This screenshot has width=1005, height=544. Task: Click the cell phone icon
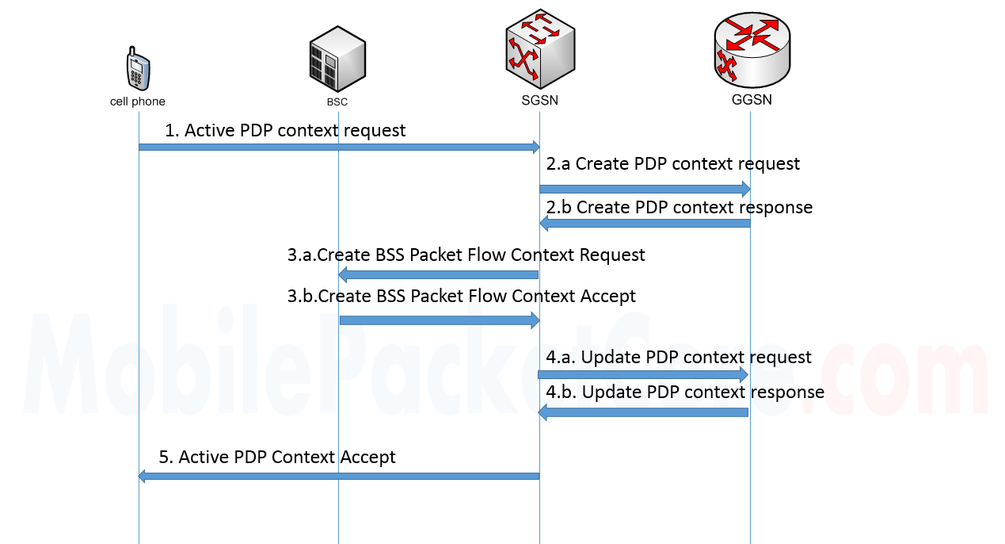pyautogui.click(x=137, y=70)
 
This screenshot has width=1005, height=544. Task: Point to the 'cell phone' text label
pyautogui.click(x=138, y=102)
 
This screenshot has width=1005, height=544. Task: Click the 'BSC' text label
pyautogui.click(x=337, y=102)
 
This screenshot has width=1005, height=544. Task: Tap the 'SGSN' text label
pyautogui.click(x=539, y=101)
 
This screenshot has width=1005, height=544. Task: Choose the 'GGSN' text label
pyautogui.click(x=751, y=100)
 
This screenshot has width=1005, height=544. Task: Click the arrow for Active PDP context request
pyautogui.click(x=339, y=147)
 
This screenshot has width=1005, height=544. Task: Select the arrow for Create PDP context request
pyautogui.click(x=645, y=189)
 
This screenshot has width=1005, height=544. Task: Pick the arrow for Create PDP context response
pyautogui.click(x=645, y=224)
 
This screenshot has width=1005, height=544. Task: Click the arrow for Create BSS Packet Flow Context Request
pyautogui.click(x=439, y=275)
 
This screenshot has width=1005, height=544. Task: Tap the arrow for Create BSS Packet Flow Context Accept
pyautogui.click(x=439, y=320)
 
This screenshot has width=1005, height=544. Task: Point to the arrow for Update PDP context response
pyautogui.click(x=643, y=412)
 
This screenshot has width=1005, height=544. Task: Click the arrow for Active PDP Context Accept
pyautogui.click(x=339, y=476)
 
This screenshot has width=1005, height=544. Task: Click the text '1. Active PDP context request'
pyautogui.click(x=285, y=130)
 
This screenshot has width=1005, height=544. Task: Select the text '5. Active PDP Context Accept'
pyautogui.click(x=277, y=457)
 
